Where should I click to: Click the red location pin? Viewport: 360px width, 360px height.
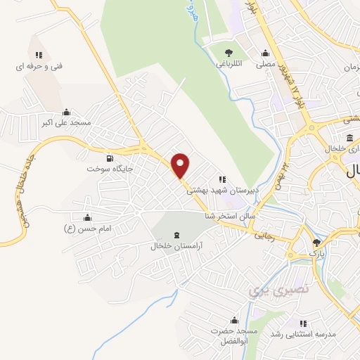[181, 165]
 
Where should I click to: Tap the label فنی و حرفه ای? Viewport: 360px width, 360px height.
[39, 66]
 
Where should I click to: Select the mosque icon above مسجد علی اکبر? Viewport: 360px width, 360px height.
[67, 112]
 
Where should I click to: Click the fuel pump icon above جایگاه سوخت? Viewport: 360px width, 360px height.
[109, 158]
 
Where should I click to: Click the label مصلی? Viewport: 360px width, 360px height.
[265, 63]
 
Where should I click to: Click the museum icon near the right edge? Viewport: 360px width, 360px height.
[350, 138]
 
